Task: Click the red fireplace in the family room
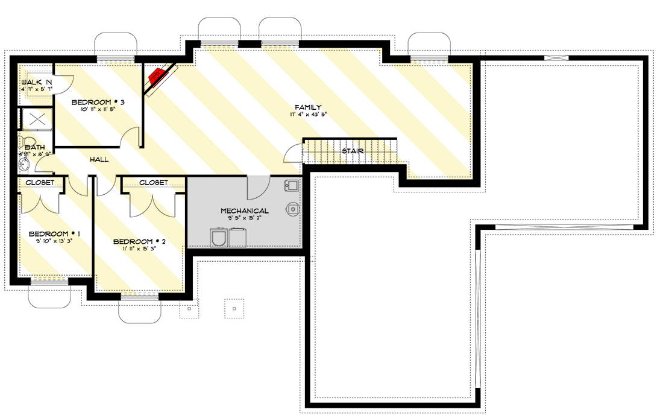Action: click(x=157, y=77)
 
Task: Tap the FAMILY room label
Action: click(x=307, y=107)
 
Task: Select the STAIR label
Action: click(x=353, y=151)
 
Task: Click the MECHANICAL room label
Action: click(x=244, y=211)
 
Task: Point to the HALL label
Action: click(x=99, y=160)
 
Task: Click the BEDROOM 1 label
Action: click(x=55, y=234)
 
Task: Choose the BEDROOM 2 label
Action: click(x=139, y=241)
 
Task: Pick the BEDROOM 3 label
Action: click(x=98, y=102)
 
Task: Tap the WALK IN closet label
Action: click(x=36, y=82)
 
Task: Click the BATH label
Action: click(x=35, y=147)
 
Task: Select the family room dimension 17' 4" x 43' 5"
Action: click(x=307, y=114)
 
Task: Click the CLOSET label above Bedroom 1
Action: click(x=40, y=182)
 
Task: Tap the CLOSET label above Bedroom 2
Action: click(x=154, y=182)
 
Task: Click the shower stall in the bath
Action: click(x=37, y=119)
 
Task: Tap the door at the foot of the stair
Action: click(x=294, y=154)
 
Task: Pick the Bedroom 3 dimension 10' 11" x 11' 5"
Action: click(x=98, y=109)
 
